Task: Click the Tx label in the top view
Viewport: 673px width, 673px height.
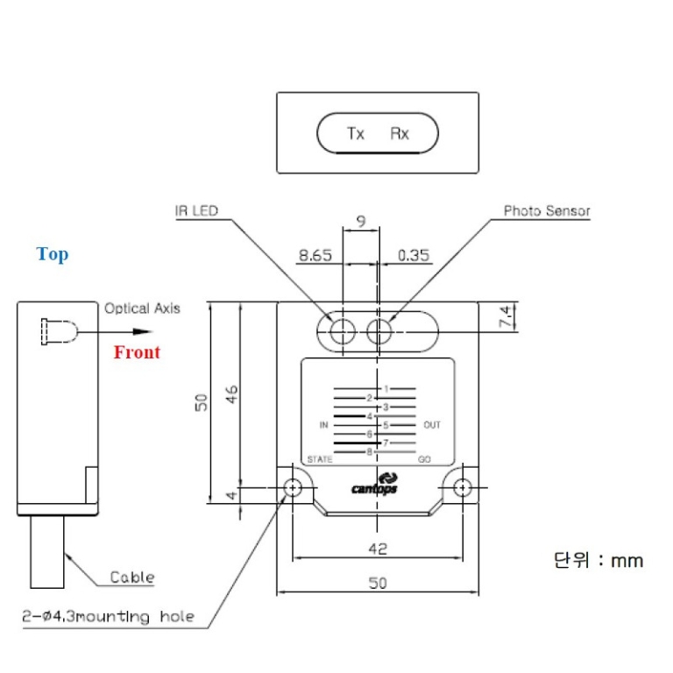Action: pos(355,134)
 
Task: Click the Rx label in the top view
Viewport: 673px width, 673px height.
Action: pos(400,134)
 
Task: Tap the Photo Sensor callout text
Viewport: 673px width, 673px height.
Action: pos(547,211)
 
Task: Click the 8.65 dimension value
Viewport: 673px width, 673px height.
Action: pos(315,255)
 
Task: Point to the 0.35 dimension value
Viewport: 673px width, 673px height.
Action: pos(414,255)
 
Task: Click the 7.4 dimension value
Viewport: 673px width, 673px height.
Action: pos(506,317)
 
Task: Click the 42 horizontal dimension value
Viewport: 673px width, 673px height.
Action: pos(377,549)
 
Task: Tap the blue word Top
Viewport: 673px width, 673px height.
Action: pos(53,254)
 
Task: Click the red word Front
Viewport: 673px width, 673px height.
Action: pos(137,352)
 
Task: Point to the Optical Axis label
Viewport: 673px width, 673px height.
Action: pos(142,308)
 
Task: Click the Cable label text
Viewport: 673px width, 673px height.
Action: pos(131,577)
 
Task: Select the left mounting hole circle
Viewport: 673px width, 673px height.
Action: pos(293,487)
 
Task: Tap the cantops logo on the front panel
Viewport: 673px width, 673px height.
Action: pos(374,484)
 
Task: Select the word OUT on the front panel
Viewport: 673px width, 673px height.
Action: pos(432,425)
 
